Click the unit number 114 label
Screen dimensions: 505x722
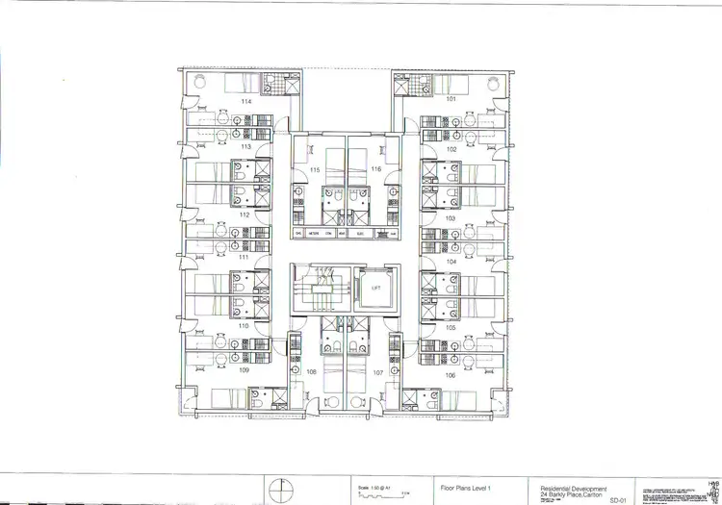click(247, 101)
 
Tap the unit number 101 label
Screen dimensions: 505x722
click(450, 98)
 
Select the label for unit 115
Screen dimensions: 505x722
click(315, 169)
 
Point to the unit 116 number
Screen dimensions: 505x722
click(375, 169)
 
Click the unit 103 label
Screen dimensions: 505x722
click(451, 218)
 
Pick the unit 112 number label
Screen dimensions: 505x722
click(245, 215)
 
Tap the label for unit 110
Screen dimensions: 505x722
click(245, 326)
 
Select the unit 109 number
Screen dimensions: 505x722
click(245, 370)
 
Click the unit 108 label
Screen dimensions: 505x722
click(311, 371)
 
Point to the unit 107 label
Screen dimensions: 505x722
click(378, 371)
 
